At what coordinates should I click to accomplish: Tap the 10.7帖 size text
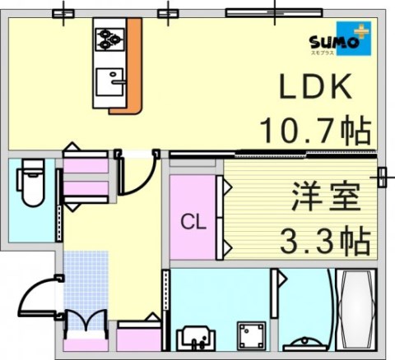pos(314,129)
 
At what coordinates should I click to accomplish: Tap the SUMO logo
pos(338,41)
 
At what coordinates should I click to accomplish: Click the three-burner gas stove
pos(109,39)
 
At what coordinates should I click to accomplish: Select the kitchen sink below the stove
pos(109,82)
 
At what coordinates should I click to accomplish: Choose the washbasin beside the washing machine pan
pos(195,337)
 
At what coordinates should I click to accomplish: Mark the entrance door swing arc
pos(39,296)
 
